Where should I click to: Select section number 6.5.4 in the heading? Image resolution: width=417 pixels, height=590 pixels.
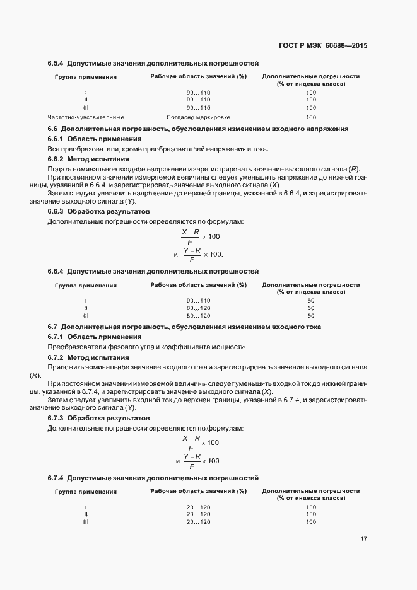56,64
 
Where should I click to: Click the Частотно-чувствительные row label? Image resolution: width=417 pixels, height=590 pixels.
86,117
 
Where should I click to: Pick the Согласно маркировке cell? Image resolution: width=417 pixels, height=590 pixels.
198,117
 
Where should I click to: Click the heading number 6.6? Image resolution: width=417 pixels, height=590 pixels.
53,129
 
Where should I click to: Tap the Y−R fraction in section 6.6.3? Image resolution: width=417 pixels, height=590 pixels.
192,254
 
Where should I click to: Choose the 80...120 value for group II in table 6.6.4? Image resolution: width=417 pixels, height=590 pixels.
198,308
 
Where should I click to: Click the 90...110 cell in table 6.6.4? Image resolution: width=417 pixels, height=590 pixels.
198,300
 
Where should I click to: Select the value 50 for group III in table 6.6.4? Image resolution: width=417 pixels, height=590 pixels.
311,315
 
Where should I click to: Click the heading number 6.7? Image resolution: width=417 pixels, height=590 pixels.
53,327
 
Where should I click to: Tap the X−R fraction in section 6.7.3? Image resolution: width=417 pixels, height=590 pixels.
191,442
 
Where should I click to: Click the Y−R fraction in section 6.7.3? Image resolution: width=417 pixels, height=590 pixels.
192,460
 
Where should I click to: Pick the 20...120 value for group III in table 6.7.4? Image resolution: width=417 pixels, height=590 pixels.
198,522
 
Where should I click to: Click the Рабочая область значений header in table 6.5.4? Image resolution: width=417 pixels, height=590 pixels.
198,76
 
